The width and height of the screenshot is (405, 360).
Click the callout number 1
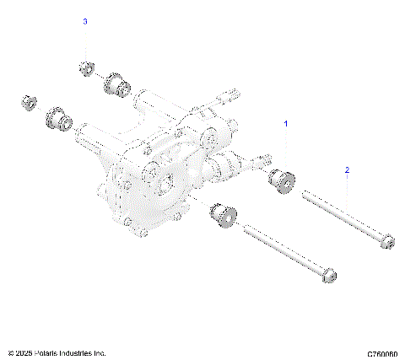pos(285,123)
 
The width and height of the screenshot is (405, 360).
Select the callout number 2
pos(346,170)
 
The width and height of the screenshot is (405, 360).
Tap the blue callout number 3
pos(84,22)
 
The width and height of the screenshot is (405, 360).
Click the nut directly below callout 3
pos(84,67)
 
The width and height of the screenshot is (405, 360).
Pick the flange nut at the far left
pos(27,101)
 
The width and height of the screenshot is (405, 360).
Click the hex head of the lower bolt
pos(329,275)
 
